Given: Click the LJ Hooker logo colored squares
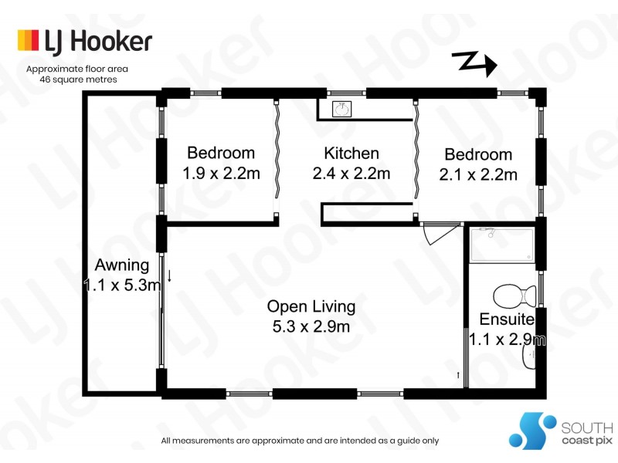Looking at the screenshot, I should [28, 40].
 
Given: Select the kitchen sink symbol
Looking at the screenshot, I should [340, 110].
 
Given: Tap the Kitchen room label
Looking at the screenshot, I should [351, 154].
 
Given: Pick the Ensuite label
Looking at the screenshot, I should [507, 319].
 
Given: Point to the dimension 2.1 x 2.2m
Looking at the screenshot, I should [478, 174].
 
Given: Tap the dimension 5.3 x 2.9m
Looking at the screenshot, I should [311, 326].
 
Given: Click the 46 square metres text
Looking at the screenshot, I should [77, 79].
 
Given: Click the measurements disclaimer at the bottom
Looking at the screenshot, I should [300, 441].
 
